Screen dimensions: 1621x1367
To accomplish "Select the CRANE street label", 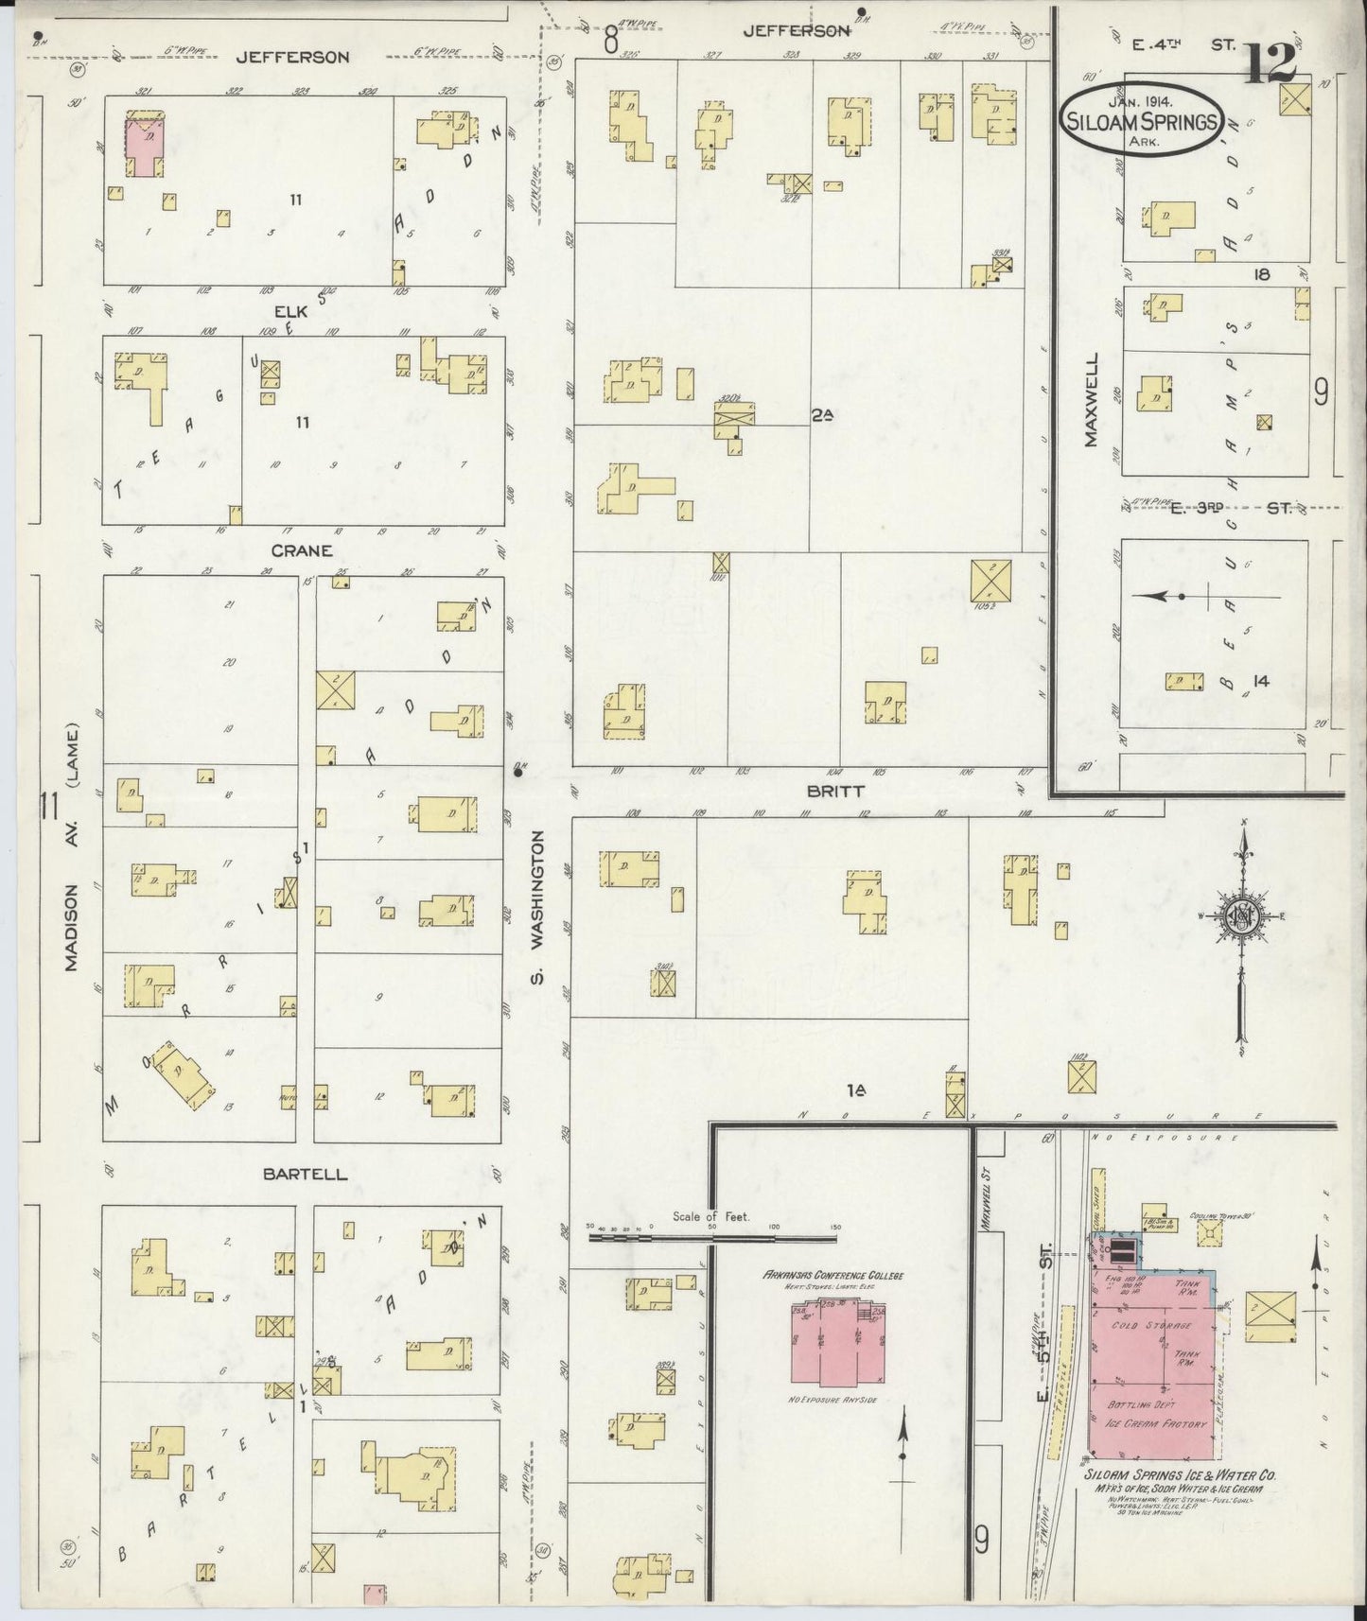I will (x=302, y=550).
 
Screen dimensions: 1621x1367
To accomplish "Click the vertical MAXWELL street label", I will (x=1092, y=400).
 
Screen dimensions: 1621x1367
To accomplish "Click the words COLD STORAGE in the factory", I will (x=1151, y=1325).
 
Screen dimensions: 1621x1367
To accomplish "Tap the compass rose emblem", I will (x=1238, y=917).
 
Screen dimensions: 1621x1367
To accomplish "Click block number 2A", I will (x=821, y=413).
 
